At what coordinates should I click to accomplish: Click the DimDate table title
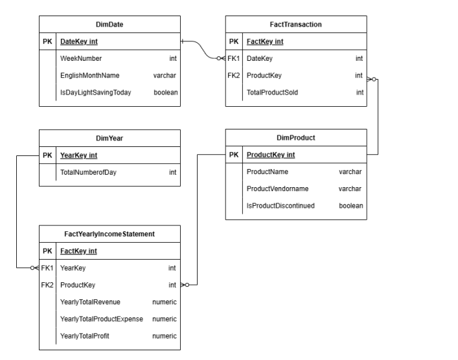pos(110,25)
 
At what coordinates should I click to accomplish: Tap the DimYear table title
pos(110,138)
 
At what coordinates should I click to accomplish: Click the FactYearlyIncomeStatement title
pos(110,234)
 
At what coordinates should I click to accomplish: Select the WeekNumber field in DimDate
pos(81,59)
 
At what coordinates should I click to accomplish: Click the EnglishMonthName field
pos(90,76)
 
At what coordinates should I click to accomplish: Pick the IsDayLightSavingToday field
pos(96,93)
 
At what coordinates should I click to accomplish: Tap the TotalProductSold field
pos(273,93)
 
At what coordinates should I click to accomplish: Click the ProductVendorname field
pos(277,189)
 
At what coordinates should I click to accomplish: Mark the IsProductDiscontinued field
pos(281,206)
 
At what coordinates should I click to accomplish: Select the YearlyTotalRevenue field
pos(90,302)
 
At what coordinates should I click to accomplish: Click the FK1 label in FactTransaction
pos(235,59)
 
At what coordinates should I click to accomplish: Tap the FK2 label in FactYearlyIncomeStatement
pos(47,285)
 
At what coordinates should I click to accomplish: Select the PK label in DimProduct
pos(235,155)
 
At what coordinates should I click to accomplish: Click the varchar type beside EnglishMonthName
pos(165,76)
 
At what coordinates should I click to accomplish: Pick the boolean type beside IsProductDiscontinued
pos(351,206)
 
